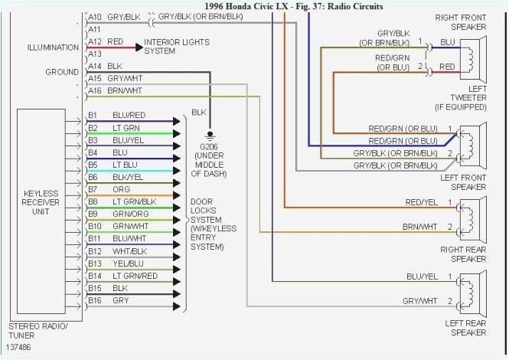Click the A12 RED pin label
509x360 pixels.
[106, 41]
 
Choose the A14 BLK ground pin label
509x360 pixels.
[106, 67]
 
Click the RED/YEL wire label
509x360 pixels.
[422, 202]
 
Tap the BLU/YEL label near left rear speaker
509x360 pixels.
[422, 276]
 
